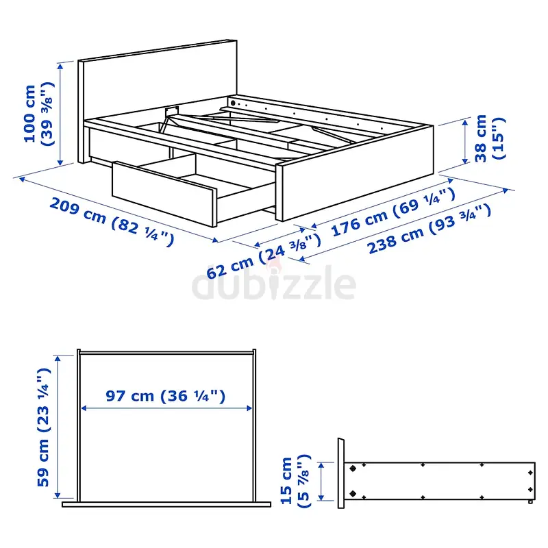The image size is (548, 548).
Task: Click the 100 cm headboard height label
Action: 39,114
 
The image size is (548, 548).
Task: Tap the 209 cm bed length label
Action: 112,222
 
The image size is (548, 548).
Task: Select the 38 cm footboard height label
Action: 490,138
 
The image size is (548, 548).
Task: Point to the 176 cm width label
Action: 393,212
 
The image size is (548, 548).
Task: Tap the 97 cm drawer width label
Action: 165,396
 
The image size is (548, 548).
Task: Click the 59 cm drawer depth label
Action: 44,427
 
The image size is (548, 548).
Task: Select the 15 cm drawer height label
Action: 295,481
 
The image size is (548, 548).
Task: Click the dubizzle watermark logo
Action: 274,283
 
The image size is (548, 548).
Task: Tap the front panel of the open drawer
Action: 164,195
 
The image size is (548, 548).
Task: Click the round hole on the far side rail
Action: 233,103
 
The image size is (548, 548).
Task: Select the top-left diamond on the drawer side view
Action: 353,469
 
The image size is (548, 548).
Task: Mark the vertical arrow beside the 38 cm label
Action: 465,142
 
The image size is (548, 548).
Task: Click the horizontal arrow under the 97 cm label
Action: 166,408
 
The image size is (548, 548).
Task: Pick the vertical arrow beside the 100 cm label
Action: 60,114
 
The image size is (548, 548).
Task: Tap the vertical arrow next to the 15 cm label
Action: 321,482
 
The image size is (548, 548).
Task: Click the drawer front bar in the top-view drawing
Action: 166,504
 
